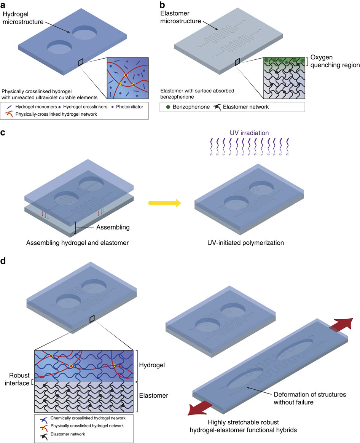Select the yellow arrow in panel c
click(x=164, y=204)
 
